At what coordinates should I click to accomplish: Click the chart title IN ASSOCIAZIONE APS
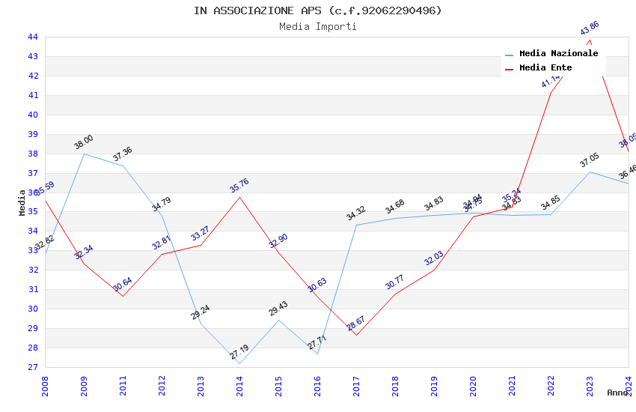pos(318,10)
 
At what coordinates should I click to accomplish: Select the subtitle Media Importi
pos(318,27)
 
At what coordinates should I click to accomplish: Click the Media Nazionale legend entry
pos(558,54)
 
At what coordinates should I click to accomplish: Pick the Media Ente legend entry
pos(545,68)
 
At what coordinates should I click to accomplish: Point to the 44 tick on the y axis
pos(32,37)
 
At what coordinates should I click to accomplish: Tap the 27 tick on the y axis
pos(32,367)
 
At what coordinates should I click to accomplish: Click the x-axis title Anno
pos(617,393)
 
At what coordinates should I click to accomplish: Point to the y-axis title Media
pos(22,202)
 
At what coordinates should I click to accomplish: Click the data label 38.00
pos(84,142)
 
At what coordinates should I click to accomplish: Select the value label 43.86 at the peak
pos(590,28)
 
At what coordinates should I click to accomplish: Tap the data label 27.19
pos(239,351)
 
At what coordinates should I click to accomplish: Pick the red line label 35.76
pos(239,185)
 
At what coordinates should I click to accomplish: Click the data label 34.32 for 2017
pos(356,213)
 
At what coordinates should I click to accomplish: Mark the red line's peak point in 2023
pos(590,40)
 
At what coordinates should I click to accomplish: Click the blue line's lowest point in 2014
pos(239,363)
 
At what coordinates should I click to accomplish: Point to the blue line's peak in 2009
pos(84,154)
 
